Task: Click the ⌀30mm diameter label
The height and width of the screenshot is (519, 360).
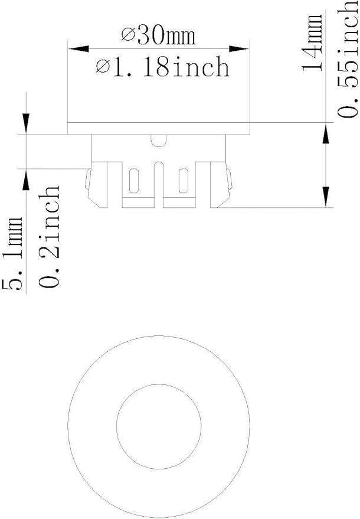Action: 158,36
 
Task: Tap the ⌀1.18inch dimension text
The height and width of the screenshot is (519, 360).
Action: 163,67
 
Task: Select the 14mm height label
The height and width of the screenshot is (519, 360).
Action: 312,42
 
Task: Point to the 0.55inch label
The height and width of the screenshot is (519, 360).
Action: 348,59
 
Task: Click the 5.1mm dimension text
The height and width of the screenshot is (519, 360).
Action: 12,253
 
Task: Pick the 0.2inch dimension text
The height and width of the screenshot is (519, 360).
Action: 49,236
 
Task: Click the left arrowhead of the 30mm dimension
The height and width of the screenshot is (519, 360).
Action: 78,49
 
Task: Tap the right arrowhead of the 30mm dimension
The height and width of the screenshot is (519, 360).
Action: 238,49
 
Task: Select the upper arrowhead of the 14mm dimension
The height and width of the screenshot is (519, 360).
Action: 326,133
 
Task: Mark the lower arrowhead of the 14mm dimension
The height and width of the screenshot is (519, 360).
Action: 326,197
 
